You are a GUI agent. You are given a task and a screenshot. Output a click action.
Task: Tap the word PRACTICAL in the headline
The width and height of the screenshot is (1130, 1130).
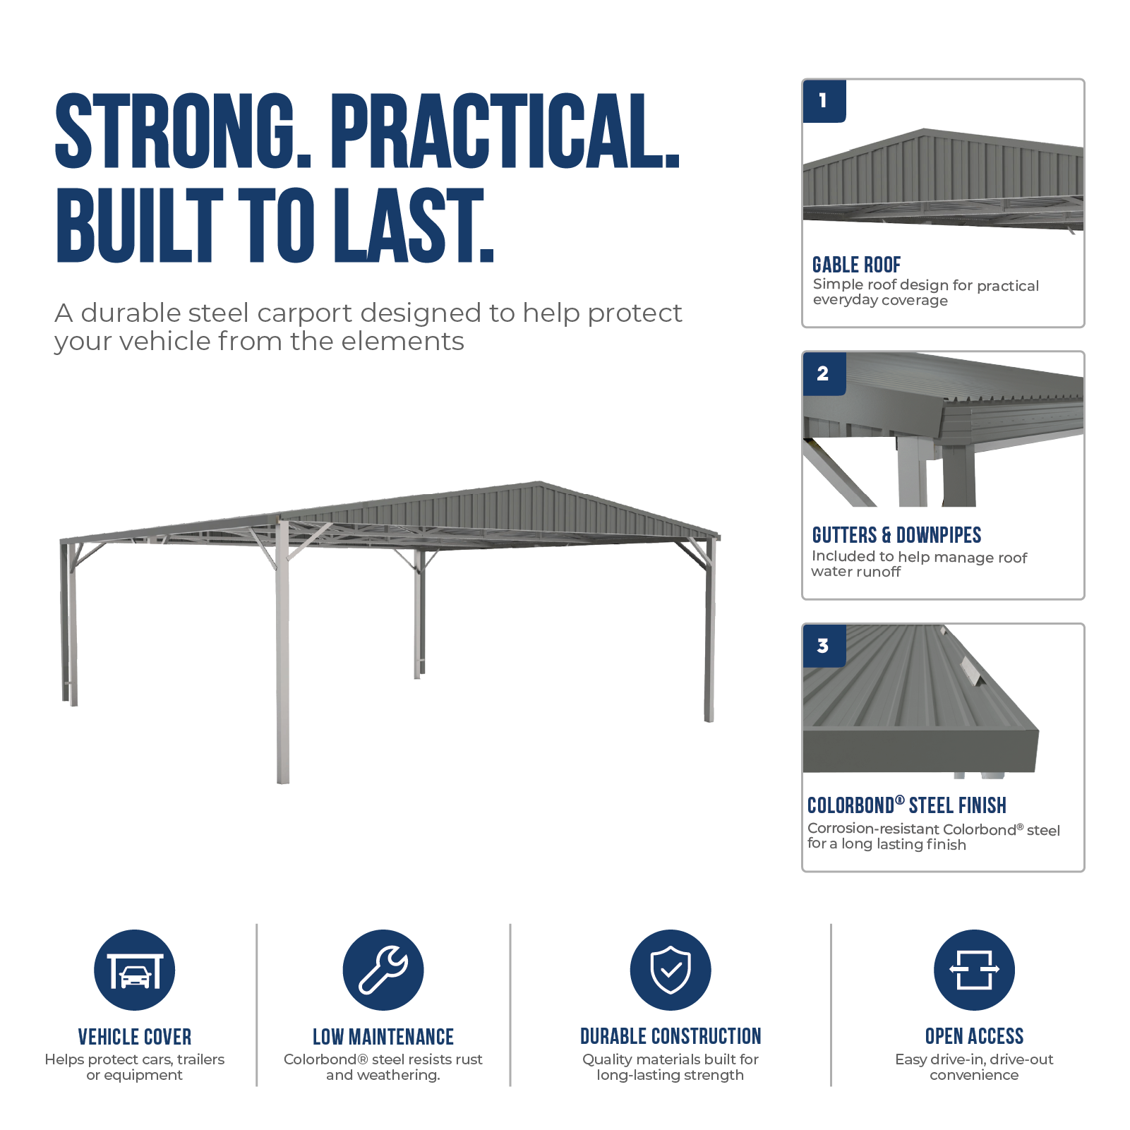coord(505,131)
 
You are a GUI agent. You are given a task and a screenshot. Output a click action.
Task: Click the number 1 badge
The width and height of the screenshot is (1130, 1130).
coord(824,101)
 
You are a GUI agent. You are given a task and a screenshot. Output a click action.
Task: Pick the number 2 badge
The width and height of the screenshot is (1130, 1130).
coord(824,373)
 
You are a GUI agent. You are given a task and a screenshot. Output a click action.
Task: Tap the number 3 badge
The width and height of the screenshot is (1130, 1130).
coord(824,646)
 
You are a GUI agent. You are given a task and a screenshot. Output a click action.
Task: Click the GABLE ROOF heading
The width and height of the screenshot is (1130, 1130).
coord(856,265)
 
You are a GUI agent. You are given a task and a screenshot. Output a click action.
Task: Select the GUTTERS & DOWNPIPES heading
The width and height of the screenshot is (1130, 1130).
coord(896,535)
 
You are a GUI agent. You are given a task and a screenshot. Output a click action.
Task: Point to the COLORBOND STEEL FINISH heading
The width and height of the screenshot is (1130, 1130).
coord(907,805)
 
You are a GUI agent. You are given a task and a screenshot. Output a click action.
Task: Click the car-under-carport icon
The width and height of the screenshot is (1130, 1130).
coord(135,970)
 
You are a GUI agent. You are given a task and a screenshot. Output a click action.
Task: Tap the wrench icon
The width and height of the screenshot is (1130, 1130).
coord(383,970)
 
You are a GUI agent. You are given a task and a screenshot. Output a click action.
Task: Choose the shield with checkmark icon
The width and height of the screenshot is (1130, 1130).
coord(671,970)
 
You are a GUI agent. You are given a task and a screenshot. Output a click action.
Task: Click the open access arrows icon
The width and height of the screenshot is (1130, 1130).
coord(974,970)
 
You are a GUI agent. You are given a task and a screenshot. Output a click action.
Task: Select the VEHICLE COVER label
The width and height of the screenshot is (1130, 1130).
coord(135,1037)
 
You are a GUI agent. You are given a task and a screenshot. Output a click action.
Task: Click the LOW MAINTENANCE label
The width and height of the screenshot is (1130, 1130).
coord(383,1037)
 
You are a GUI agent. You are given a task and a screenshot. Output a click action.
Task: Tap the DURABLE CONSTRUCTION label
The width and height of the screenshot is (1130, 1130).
coord(671,1036)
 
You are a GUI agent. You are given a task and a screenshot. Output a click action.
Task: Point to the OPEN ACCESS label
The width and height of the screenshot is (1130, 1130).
coord(974,1036)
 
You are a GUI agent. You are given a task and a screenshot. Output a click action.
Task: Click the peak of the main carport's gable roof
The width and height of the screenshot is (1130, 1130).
coord(541,482)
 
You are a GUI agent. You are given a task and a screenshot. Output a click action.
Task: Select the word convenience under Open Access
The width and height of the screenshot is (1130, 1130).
coord(974,1075)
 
